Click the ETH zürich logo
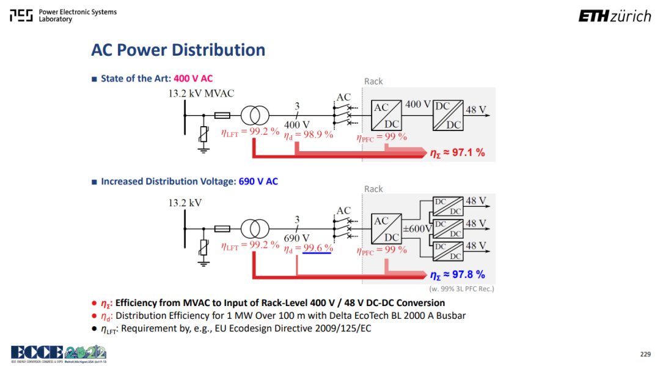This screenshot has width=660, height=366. pos(615,16)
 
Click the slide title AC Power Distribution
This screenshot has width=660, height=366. pos(178,50)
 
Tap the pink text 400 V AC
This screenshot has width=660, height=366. pos(193,78)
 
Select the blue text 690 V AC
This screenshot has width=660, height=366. pos(258,181)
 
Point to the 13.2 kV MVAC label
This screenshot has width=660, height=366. pos(201,93)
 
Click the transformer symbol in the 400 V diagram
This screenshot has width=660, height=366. pos(255,115)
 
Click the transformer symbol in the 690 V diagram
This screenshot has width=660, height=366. pos(255,229)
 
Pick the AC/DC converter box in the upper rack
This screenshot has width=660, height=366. pos(386,115)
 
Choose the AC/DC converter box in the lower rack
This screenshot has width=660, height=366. pos(386,228)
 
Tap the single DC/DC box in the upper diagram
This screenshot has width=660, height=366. pos(448,115)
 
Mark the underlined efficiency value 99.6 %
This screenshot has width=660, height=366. pos(318,248)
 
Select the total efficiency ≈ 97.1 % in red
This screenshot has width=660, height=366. pos(458,152)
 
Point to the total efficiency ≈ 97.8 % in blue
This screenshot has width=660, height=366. pos(458,275)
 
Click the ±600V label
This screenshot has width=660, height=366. pos(417,228)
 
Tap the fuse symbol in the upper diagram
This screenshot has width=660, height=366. pos(222,115)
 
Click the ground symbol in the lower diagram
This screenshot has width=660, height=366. pos(204,263)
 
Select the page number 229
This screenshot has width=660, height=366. pos(645,354)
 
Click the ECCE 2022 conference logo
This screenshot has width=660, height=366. pos(59,354)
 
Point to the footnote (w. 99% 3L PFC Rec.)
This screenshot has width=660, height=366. pos(462,289)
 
